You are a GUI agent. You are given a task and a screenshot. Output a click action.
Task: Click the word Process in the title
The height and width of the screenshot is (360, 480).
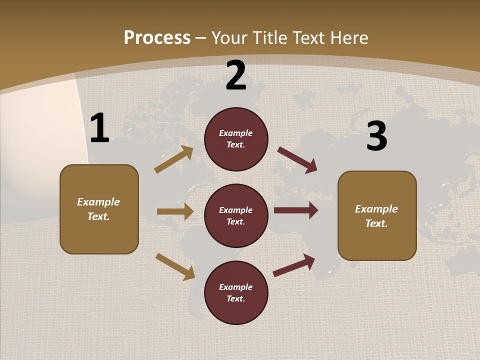[157, 38]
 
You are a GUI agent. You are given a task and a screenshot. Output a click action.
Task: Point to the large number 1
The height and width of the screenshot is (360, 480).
[99, 128]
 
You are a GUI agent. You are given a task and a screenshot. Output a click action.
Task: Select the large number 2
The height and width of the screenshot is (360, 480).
[236, 75]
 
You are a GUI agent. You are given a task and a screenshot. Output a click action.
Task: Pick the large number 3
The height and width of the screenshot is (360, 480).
[376, 136]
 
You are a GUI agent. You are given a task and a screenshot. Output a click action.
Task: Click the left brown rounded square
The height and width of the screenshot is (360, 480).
[99, 209]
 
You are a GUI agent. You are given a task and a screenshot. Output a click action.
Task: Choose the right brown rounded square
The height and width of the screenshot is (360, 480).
[377, 216]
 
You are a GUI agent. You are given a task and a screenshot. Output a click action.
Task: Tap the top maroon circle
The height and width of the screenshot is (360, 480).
[236, 139]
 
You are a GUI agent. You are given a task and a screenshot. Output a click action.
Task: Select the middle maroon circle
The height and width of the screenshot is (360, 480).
[236, 216]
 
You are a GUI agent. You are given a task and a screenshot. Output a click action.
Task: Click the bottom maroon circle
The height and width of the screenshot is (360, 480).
[236, 293]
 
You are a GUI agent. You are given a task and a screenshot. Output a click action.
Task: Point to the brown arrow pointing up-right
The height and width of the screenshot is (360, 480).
[174, 159]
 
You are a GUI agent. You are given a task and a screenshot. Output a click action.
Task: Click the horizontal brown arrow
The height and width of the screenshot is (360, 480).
[175, 211]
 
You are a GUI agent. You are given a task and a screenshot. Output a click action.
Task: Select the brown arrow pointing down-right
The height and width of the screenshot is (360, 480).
[175, 266]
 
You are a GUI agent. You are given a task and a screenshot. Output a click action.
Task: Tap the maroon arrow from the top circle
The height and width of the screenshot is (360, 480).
[297, 160]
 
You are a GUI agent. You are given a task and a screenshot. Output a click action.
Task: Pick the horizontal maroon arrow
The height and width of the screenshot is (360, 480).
[296, 210]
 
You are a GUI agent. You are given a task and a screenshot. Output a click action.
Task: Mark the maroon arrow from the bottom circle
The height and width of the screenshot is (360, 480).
[294, 265]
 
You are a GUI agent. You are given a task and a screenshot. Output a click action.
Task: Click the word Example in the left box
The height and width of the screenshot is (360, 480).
[98, 202]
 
